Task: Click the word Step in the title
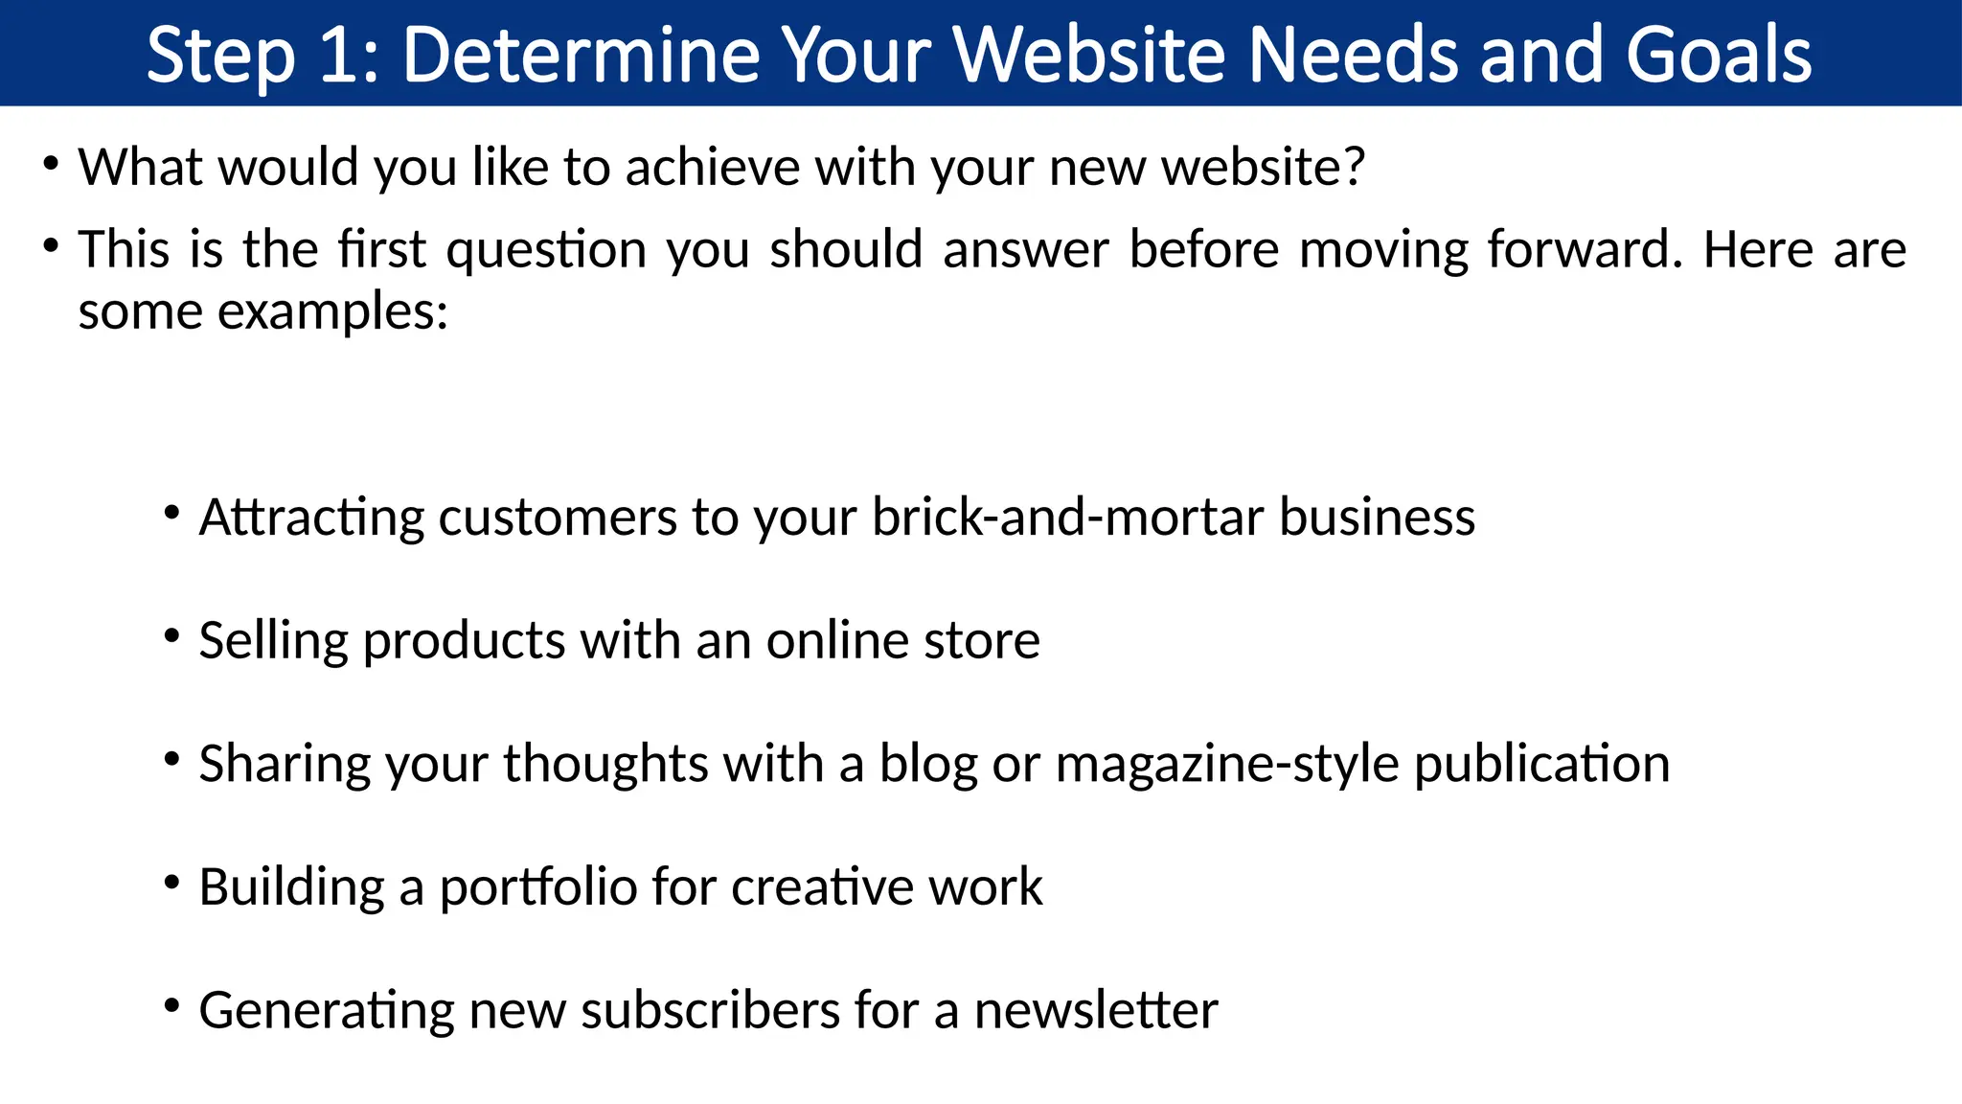point(220,56)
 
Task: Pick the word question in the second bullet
point(546,251)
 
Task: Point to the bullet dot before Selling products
point(172,635)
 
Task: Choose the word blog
point(928,765)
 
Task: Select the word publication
point(1541,765)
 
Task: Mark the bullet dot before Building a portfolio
point(172,882)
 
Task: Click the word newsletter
point(1096,1011)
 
